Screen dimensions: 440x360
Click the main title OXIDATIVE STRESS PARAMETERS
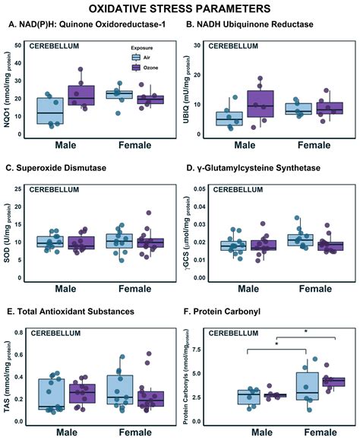coord(179,9)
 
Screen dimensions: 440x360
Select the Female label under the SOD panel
coord(134,289)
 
